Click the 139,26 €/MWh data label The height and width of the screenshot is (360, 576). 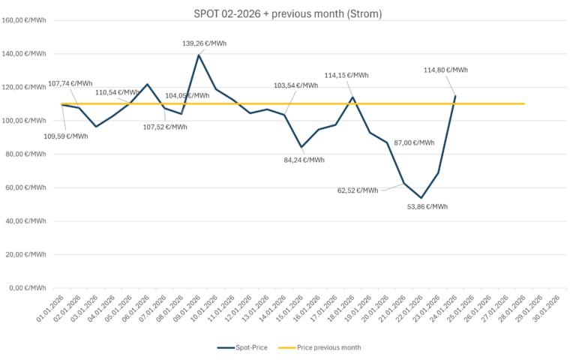click(x=204, y=43)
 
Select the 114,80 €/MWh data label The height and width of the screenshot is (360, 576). click(x=445, y=70)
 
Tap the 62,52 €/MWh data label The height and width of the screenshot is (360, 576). click(x=358, y=190)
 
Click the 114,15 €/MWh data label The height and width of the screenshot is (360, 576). click(x=346, y=75)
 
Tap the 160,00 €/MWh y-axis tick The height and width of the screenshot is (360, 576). click(x=25, y=20)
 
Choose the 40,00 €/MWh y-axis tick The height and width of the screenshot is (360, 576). click(x=27, y=221)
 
